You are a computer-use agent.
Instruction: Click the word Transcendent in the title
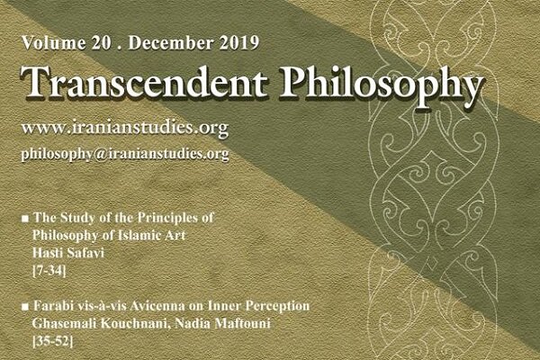[x=144, y=82]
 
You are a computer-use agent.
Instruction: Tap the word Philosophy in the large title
[x=381, y=85]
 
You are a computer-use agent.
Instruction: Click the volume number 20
[x=102, y=43]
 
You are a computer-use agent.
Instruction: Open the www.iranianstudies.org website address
[x=125, y=128]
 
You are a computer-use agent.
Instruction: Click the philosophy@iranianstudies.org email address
[x=125, y=154]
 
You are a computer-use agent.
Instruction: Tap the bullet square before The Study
[x=25, y=219]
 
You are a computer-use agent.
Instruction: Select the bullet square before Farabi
[x=25, y=307]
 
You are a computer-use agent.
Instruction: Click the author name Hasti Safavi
[x=67, y=253]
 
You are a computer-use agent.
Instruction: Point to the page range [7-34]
[x=49, y=271]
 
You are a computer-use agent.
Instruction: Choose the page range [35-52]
[x=52, y=342]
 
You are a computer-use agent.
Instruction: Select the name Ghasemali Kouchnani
[x=101, y=324]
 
